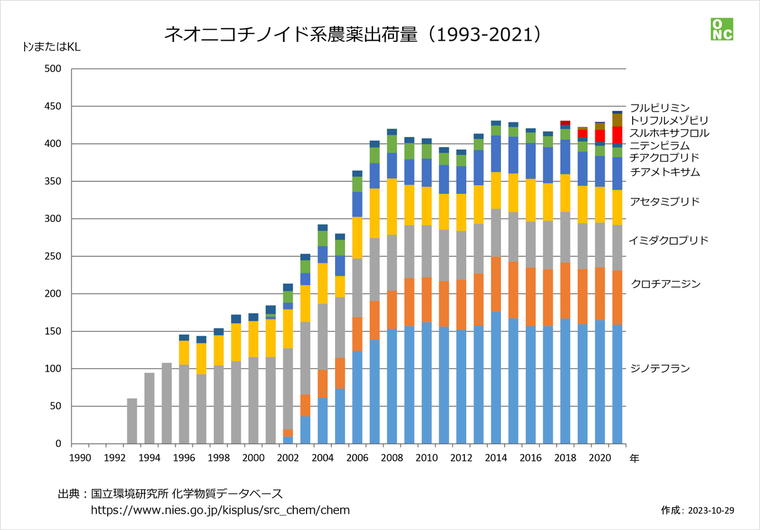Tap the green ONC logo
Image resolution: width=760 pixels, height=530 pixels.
point(721,29)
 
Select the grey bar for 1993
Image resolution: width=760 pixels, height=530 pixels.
point(132,421)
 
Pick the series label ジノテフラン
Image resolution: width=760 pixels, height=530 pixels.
point(659,368)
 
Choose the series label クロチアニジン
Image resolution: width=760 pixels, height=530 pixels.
point(665,283)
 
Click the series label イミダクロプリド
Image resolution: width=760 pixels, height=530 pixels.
point(668,241)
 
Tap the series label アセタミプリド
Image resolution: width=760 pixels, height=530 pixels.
point(664,202)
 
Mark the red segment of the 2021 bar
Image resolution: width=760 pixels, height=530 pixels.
point(617,134)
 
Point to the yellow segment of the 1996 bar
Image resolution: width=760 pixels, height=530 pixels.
point(184,352)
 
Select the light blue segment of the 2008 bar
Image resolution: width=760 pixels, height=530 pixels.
point(392,386)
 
